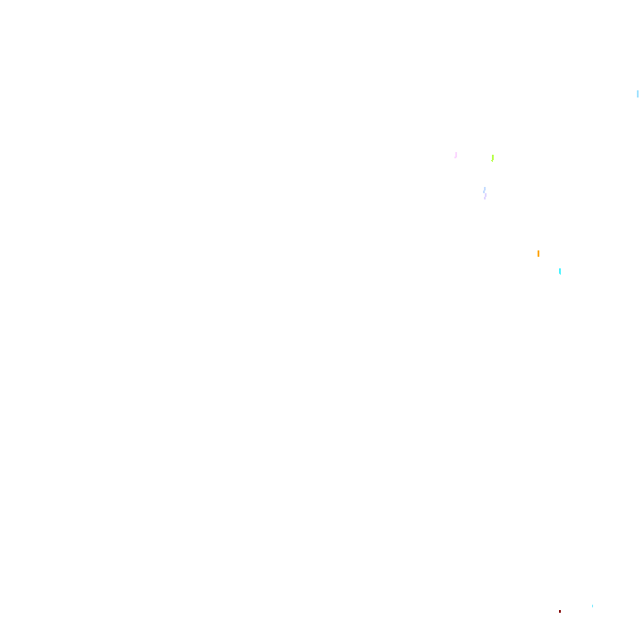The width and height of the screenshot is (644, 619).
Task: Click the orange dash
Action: tap(538, 254)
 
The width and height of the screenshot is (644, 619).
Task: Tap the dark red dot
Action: tap(560, 612)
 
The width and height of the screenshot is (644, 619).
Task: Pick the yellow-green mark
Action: tap(492, 158)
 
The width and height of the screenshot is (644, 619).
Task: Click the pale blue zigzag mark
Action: tap(485, 192)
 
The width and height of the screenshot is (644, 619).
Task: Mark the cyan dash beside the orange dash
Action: tap(560, 271)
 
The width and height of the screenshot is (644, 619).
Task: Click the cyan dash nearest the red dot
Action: tap(592, 606)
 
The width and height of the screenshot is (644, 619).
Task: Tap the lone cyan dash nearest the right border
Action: tap(638, 94)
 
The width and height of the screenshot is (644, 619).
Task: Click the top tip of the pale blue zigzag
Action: tap(484, 187)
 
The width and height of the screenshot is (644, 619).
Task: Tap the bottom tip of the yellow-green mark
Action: tap(491, 162)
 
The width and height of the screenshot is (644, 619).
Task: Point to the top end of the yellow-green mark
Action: tap(493, 155)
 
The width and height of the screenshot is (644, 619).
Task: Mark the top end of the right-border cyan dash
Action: tap(638, 90)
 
